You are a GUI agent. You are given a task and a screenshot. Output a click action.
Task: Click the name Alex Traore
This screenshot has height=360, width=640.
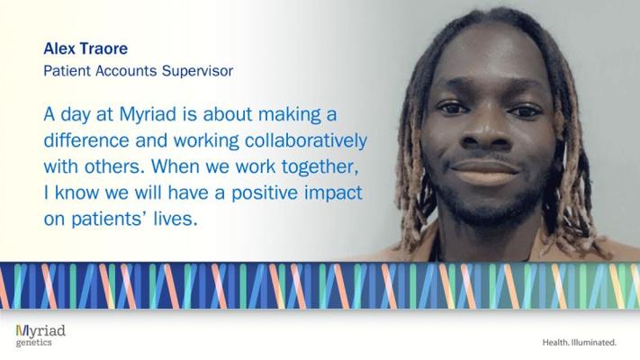(86, 49)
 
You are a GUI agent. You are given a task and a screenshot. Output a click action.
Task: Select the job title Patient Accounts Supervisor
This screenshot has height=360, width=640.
(139, 70)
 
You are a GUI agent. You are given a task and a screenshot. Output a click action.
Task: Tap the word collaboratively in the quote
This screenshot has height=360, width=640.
(306, 140)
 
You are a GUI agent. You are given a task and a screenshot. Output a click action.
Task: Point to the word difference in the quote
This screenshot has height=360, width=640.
(86, 140)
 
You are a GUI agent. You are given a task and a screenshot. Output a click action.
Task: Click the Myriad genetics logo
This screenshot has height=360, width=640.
(41, 336)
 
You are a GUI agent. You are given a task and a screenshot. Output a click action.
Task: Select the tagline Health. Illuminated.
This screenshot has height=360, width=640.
(579, 342)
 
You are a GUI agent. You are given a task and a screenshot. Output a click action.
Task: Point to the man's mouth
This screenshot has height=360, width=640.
(484, 171)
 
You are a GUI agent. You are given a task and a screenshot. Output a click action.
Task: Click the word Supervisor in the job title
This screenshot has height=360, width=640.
(197, 70)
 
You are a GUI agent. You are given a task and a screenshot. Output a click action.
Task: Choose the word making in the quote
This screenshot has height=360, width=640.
(289, 115)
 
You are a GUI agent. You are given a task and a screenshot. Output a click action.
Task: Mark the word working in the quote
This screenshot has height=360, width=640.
(206, 140)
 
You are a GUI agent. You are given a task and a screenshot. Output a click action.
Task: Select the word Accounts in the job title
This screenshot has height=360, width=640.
(126, 70)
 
